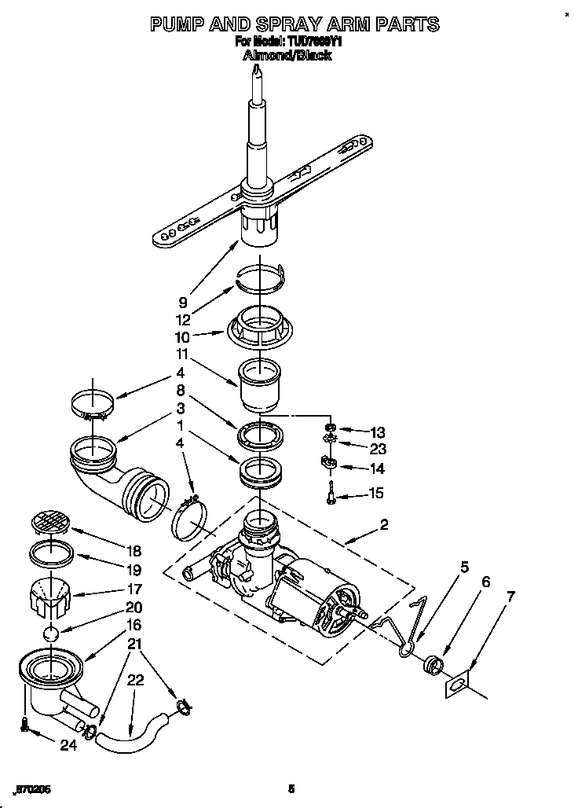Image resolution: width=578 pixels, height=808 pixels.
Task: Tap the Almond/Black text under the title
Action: tap(287, 56)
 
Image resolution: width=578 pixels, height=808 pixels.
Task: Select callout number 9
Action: tap(183, 300)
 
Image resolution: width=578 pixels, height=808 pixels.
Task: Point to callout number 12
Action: tap(183, 320)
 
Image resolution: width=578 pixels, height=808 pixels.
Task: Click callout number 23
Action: tap(378, 449)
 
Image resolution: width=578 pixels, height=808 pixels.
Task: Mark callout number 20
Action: tap(134, 607)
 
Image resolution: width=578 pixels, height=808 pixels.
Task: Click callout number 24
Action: tap(69, 745)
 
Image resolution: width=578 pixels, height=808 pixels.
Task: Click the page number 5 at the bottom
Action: tap(291, 789)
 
